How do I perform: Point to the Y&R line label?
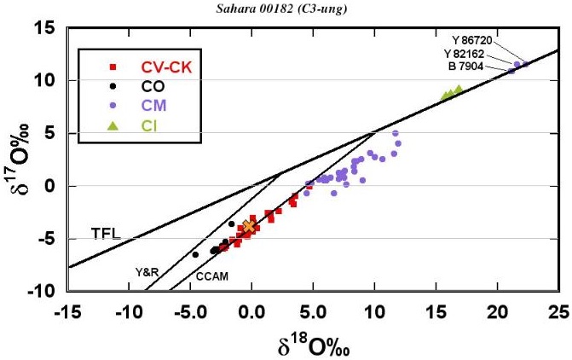pos(147,272)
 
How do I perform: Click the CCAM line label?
pos(211,276)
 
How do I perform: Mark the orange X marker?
pos(248,226)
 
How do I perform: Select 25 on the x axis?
pos(558,309)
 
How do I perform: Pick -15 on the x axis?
pos(66,309)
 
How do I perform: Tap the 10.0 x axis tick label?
pos(373,309)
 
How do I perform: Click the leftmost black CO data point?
pos(195,254)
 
